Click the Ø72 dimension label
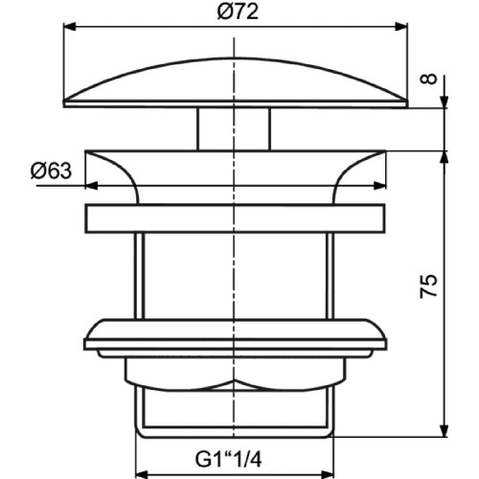click(238, 12)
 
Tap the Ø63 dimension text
click(51, 171)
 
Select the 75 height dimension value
click(428, 286)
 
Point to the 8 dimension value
click(428, 79)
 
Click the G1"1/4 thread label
click(228, 461)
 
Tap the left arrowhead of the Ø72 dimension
click(70, 27)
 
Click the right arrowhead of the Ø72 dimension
click(401, 27)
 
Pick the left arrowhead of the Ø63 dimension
click(92, 186)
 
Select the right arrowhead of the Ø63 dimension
click(379, 186)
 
